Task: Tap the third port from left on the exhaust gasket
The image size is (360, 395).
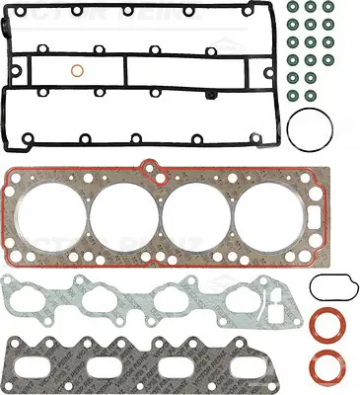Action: [x=182, y=364]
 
